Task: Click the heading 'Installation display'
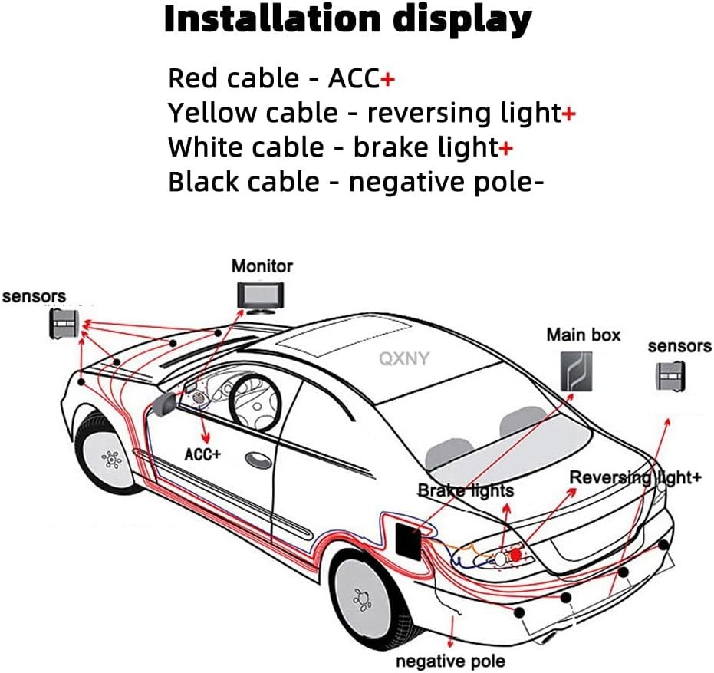tap(347, 20)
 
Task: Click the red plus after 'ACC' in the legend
tap(388, 79)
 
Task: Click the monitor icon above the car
tap(261, 296)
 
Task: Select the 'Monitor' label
tap(262, 266)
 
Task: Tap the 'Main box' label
tap(583, 335)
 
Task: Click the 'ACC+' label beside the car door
tap(202, 454)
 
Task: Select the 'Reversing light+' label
tap(635, 477)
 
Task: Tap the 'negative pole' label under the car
tap(450, 661)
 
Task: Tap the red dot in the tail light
tap(516, 553)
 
